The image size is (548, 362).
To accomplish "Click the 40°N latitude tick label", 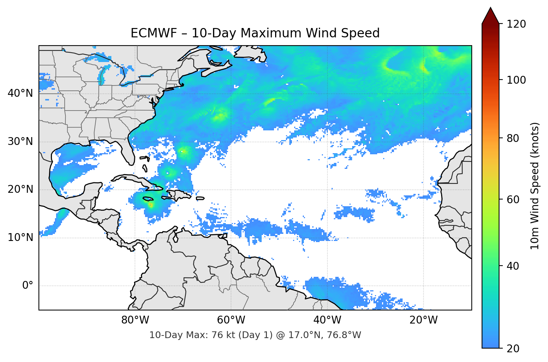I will click(21, 93).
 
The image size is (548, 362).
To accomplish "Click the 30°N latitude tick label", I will click(21, 142).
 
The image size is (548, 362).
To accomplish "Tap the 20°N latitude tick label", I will click(21, 189).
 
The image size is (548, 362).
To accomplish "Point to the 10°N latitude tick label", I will click(21, 238).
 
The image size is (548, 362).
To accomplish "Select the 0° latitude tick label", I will click(27, 286).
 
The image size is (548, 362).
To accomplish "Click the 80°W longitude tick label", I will click(135, 320).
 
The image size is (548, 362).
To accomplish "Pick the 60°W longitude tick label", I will click(231, 320).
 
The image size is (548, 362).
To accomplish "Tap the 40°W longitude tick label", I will click(327, 320).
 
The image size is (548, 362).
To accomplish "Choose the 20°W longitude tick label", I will click(424, 320).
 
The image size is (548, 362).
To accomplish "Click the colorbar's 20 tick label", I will click(513, 349).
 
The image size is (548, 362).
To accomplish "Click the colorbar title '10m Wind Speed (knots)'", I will click(535, 186).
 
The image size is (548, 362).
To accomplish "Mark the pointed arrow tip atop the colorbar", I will click(490, 9).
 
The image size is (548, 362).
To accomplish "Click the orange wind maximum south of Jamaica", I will click(151, 205).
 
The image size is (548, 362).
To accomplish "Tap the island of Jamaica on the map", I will click(148, 199).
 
